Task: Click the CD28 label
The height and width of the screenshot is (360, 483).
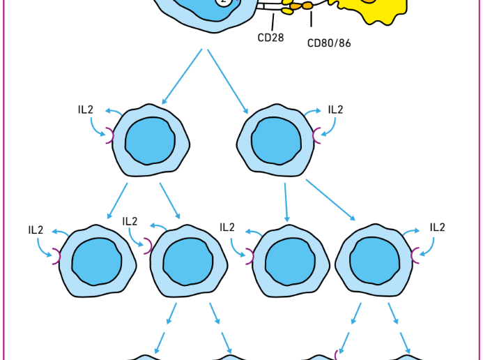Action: (270, 38)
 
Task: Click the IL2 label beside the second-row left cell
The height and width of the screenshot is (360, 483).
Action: (86, 110)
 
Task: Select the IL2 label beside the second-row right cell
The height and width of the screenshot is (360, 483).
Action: (335, 110)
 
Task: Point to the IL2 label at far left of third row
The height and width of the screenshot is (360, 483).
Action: (36, 230)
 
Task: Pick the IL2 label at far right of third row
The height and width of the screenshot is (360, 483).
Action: (437, 227)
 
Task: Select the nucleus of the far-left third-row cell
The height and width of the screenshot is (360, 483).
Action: (95, 261)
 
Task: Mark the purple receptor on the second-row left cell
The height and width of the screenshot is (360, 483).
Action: (110, 135)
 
